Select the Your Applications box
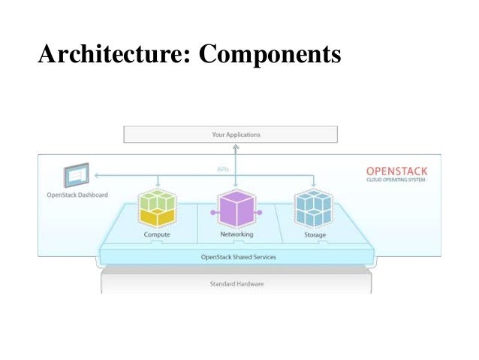(230, 135)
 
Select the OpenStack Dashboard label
(76, 195)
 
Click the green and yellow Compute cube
(157, 208)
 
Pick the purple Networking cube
(236, 209)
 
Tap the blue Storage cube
(313, 208)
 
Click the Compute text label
(157, 234)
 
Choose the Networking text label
(236, 234)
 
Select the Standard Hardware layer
(236, 284)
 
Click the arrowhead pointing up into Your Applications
(236, 146)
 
